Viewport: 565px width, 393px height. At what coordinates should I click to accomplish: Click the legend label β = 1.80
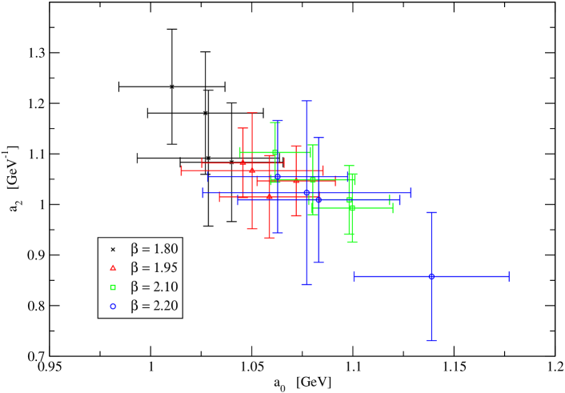click(154, 249)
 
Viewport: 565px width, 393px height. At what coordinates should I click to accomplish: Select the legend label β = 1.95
click(154, 268)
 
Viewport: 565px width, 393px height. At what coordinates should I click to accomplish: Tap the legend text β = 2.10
click(154, 287)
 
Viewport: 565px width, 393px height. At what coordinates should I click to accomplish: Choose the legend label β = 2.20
click(154, 306)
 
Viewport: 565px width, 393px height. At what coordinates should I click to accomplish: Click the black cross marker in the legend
click(113, 249)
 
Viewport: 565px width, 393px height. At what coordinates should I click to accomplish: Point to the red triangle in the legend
click(113, 268)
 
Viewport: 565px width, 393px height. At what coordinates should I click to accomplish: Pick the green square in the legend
click(113, 287)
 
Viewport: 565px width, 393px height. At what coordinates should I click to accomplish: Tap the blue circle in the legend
click(113, 306)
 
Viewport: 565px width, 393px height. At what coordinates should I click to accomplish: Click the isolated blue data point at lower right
click(431, 276)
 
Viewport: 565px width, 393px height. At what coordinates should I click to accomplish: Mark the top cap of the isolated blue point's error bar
click(431, 213)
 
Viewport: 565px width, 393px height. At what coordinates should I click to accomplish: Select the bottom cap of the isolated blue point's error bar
click(431, 340)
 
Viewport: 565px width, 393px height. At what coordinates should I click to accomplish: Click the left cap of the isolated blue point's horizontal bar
click(355, 276)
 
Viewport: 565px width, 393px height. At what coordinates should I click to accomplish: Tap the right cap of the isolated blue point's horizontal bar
click(509, 276)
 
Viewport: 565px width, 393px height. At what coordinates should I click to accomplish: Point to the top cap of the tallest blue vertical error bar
click(306, 102)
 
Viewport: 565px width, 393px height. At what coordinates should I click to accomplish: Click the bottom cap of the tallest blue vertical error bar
click(306, 284)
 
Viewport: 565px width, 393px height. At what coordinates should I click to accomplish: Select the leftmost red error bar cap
click(182, 170)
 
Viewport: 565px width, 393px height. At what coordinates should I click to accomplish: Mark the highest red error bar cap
click(252, 113)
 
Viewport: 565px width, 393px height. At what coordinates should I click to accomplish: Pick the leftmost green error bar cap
click(240, 152)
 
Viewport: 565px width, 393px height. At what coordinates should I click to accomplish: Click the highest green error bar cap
click(275, 122)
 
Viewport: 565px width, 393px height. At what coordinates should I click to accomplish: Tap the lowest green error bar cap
click(352, 242)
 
